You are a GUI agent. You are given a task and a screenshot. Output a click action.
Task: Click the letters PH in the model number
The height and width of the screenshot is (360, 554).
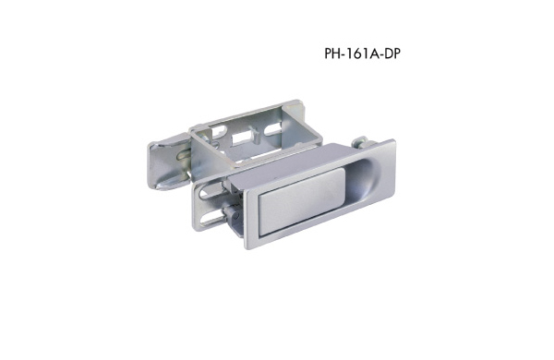point(332,54)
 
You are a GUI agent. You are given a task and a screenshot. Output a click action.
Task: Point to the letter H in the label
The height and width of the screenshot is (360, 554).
point(337,54)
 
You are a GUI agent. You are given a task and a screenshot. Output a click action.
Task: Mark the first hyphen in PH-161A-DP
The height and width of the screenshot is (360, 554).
point(344,55)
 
